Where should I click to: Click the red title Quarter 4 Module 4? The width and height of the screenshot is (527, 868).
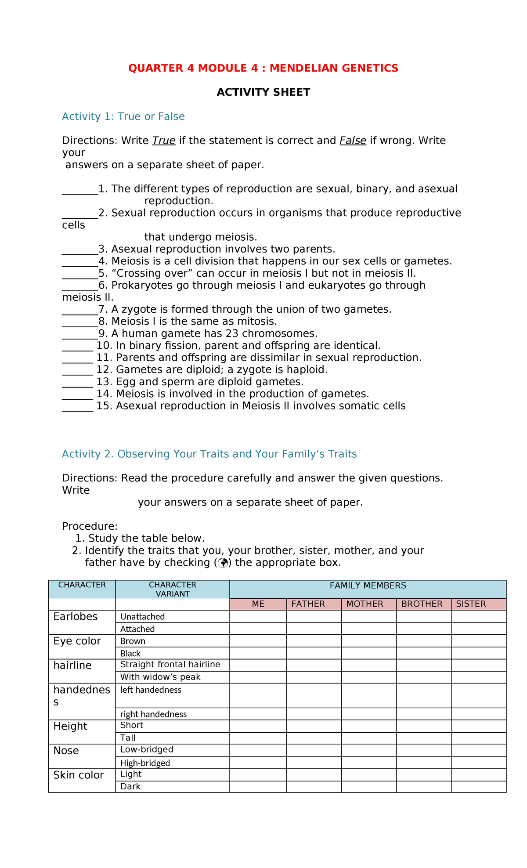point(263,68)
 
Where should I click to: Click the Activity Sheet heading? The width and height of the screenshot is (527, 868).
point(263,92)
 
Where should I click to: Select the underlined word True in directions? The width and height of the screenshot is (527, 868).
point(163,141)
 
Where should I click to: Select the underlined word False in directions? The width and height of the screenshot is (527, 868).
point(353,141)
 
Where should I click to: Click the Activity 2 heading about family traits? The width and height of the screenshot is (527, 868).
point(209,454)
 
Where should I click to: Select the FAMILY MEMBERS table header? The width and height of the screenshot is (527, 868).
point(368,586)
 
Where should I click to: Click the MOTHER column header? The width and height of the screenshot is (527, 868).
point(365,604)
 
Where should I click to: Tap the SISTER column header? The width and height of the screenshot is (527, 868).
point(471,604)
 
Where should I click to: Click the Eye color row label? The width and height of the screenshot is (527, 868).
point(77,641)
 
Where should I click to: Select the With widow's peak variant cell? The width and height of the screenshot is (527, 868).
point(160,677)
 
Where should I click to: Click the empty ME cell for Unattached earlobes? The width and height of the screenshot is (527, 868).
point(258,616)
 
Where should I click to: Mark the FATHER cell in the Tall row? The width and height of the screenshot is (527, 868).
point(314,738)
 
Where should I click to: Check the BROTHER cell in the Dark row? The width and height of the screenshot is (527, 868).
point(423,786)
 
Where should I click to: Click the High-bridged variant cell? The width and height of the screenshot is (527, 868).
point(145,763)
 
